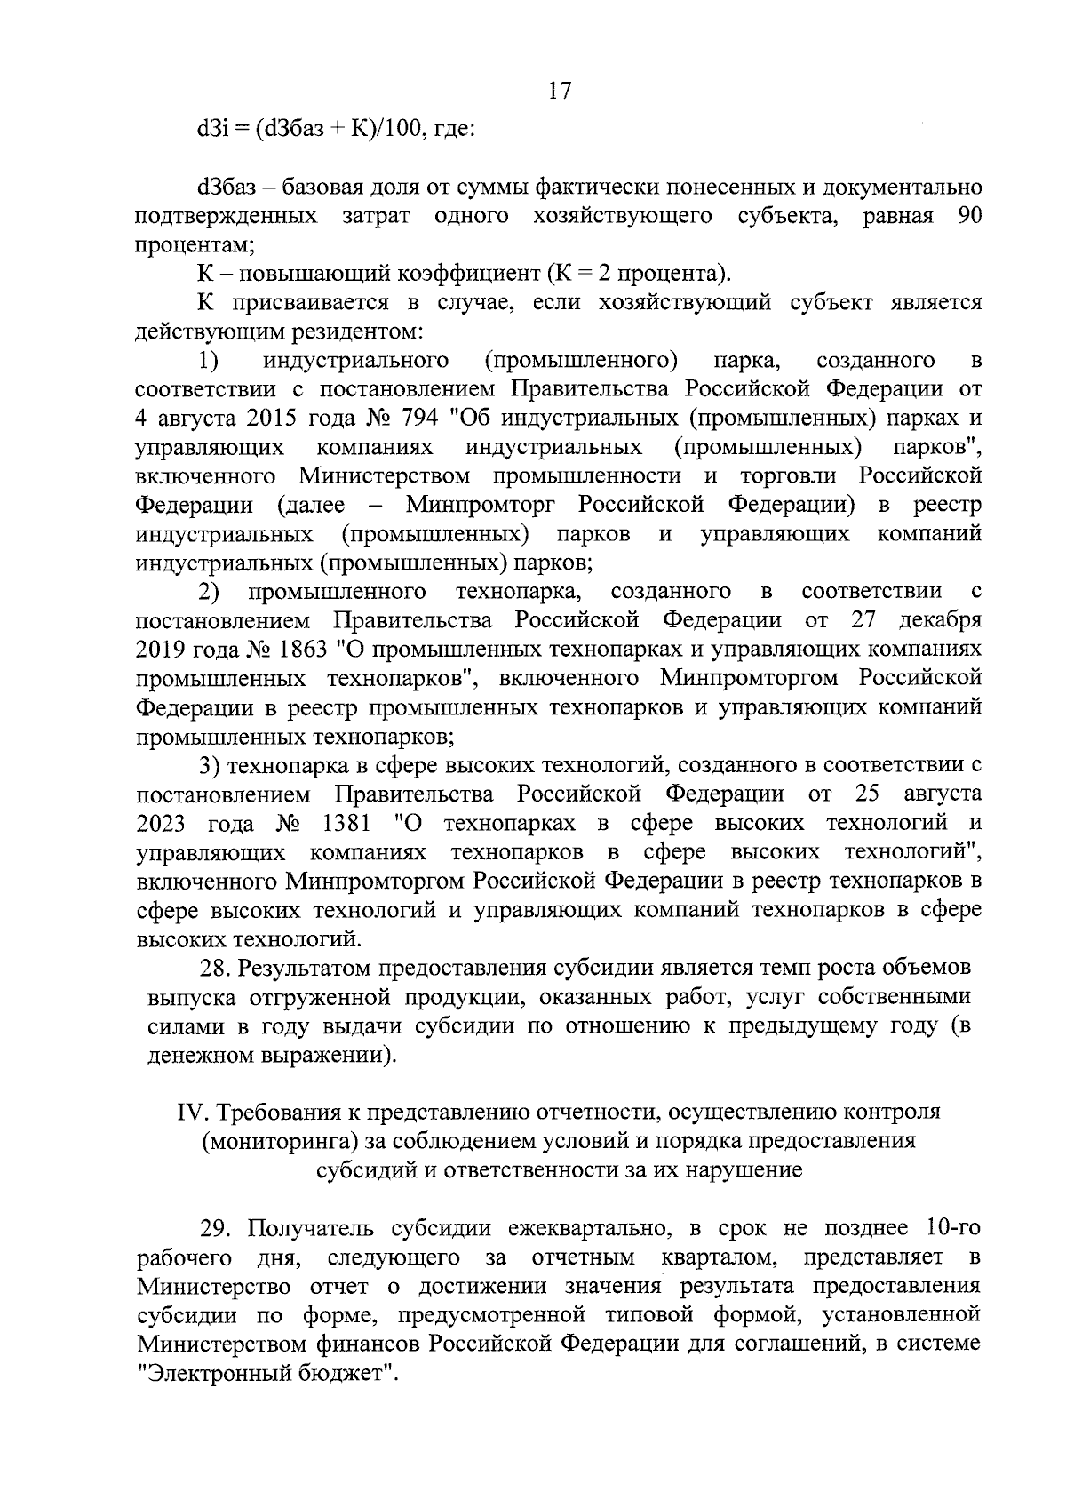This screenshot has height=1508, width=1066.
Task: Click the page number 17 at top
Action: (x=560, y=91)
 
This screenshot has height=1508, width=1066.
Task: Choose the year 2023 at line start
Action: (x=161, y=823)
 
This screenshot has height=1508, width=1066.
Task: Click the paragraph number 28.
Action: (x=216, y=967)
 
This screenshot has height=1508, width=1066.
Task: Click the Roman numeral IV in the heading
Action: (x=193, y=1112)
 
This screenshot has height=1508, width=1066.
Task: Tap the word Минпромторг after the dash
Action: (x=481, y=505)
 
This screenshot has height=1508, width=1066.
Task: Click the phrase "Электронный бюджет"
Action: (x=266, y=1373)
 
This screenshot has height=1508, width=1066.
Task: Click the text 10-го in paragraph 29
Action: (x=952, y=1229)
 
